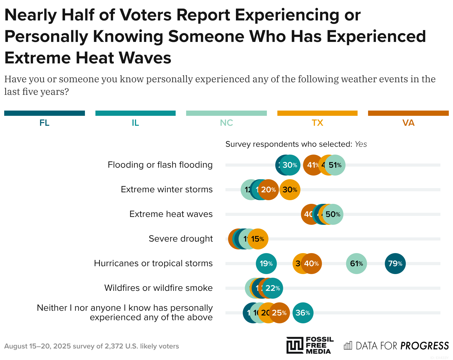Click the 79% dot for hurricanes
click(x=395, y=264)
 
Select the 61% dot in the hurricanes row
click(x=356, y=264)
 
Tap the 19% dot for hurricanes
click(x=266, y=264)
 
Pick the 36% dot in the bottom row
click(x=303, y=313)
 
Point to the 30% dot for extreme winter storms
click(x=290, y=190)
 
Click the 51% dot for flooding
click(x=335, y=165)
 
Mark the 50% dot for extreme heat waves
click(x=333, y=214)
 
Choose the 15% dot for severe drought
click(x=258, y=239)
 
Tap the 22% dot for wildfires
click(x=273, y=288)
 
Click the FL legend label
click(x=44, y=123)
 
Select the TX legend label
click(x=317, y=123)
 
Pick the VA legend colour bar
click(x=408, y=113)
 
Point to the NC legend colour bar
click(x=226, y=113)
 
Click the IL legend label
click(x=135, y=123)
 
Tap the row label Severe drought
click(x=181, y=239)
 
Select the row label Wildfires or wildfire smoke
click(x=158, y=288)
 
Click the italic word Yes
click(x=361, y=144)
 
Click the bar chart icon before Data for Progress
click(x=348, y=346)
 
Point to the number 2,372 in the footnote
click(x=114, y=346)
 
